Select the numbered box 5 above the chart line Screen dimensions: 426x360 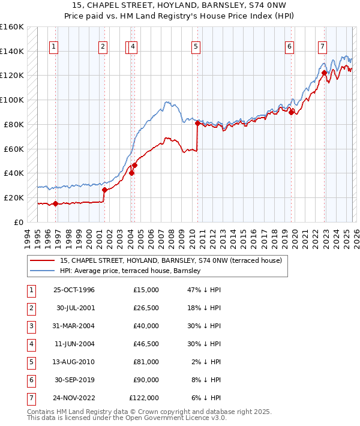click(x=196, y=46)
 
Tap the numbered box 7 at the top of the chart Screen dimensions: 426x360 click(x=322, y=46)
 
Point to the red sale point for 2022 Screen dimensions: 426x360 click(x=324, y=73)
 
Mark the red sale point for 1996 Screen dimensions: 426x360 click(x=55, y=203)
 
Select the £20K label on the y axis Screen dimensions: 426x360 click(x=14, y=197)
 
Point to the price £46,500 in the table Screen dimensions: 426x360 click(x=144, y=344)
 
